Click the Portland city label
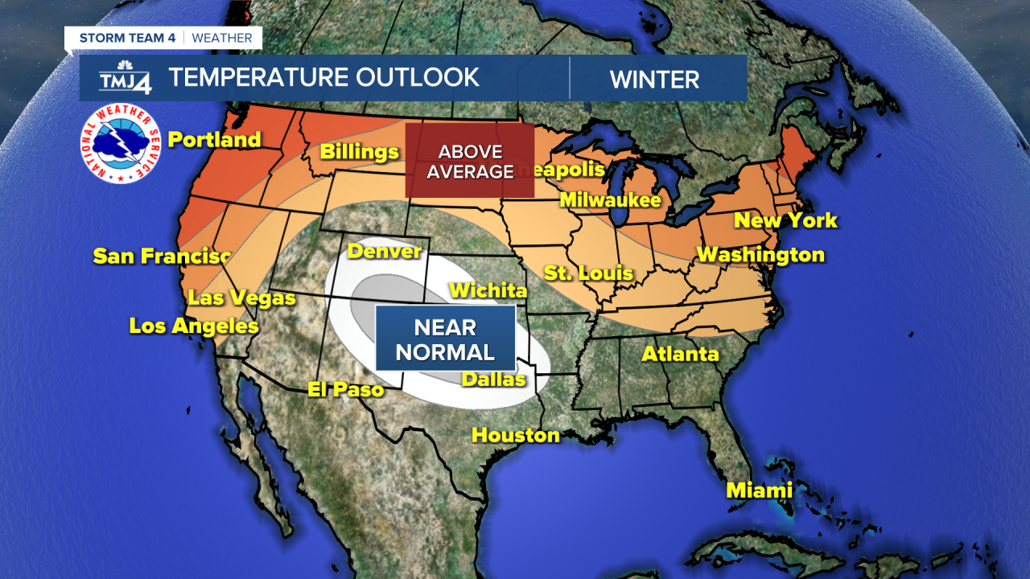coord(214,140)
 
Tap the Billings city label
coord(359,152)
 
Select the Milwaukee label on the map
coord(610,200)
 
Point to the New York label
coord(785,220)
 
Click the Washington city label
coord(760,255)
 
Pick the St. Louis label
coord(589,273)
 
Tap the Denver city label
coord(385,252)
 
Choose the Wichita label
coord(488,290)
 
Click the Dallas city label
coord(493,380)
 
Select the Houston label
coord(516,436)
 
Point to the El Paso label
coord(346,390)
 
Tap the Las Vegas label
coord(242,298)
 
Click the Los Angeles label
coord(194,326)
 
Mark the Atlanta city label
coord(680,354)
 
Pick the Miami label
coord(759,490)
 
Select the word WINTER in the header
coord(654,80)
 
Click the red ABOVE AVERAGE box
coord(469,161)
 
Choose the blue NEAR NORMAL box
coord(445,339)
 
